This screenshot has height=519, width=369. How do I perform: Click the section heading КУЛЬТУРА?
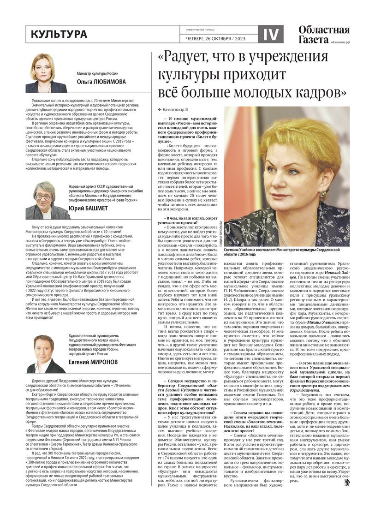click(x=59, y=35)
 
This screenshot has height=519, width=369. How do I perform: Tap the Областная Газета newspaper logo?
click(x=323, y=35)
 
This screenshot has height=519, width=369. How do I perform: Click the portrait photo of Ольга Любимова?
click(x=46, y=73)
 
